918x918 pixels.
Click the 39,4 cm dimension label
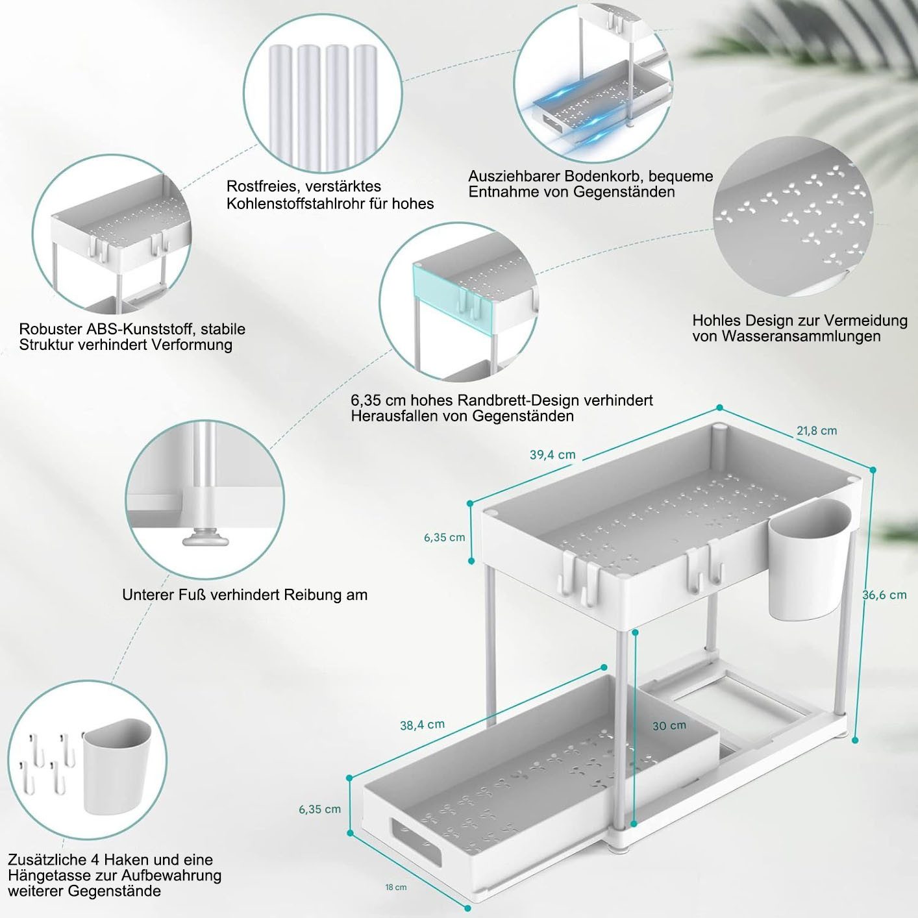552,455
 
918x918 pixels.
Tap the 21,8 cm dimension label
817,430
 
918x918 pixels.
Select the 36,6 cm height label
884,595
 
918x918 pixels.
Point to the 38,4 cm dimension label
422,725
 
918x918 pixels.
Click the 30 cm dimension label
669,726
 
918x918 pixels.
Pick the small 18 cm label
396,887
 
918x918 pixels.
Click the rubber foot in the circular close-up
205,538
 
